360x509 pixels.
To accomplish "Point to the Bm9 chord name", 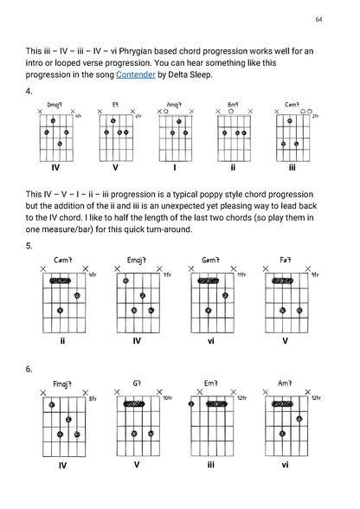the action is [x=233, y=104].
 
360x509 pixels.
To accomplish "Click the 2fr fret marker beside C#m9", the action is [x=316, y=116].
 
